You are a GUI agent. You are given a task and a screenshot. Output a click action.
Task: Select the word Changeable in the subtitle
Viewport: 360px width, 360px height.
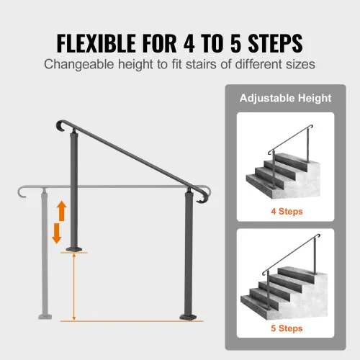[x=78, y=64]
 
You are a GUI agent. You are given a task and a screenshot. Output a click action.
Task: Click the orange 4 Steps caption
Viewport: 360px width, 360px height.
[x=287, y=212]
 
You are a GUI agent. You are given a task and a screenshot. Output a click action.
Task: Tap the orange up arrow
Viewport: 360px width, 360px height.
[x=62, y=211]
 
